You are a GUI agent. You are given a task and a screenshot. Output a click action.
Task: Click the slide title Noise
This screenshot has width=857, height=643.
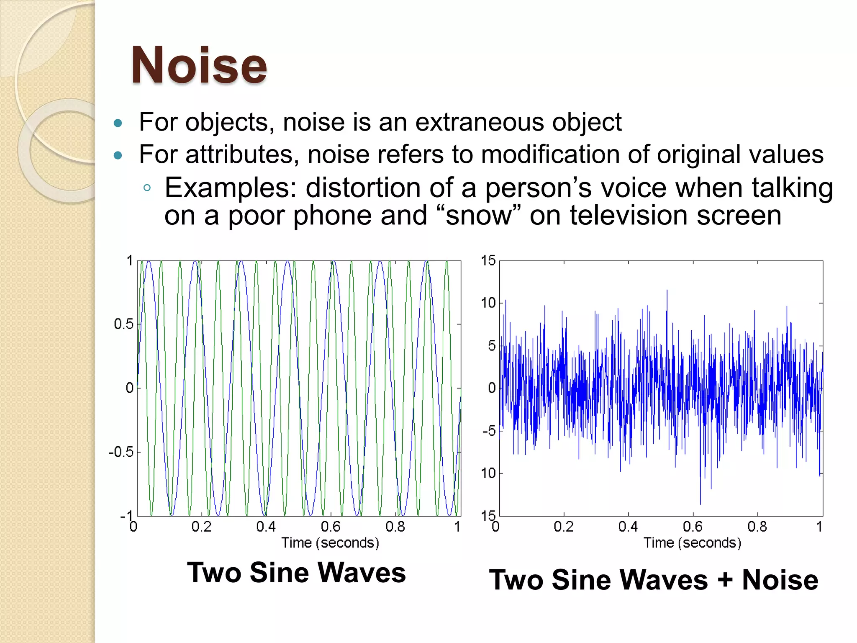(199, 66)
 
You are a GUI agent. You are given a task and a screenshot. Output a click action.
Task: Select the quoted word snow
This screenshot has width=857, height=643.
(479, 216)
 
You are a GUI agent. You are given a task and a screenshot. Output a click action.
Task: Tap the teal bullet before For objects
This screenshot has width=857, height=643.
(118, 123)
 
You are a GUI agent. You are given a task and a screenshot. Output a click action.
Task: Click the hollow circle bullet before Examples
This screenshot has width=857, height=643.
(146, 188)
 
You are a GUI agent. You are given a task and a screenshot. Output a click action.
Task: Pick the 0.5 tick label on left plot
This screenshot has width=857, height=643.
(123, 324)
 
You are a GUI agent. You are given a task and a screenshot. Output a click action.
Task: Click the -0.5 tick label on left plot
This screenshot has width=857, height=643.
(121, 452)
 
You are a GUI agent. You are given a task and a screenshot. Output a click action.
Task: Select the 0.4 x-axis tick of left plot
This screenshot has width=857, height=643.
(266, 527)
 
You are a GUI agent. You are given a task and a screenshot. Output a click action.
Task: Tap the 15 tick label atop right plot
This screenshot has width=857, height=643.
(488, 261)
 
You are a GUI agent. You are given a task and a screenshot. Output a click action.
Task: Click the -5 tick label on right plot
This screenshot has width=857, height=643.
(489, 431)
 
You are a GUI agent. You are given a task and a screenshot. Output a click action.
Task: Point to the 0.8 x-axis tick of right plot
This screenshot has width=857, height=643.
(757, 527)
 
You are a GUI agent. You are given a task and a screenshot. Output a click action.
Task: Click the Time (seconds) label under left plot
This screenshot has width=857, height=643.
(330, 543)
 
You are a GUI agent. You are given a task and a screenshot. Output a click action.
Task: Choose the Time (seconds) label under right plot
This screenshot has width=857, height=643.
(692, 543)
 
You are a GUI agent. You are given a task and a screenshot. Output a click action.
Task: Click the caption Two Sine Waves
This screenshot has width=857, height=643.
(296, 573)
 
